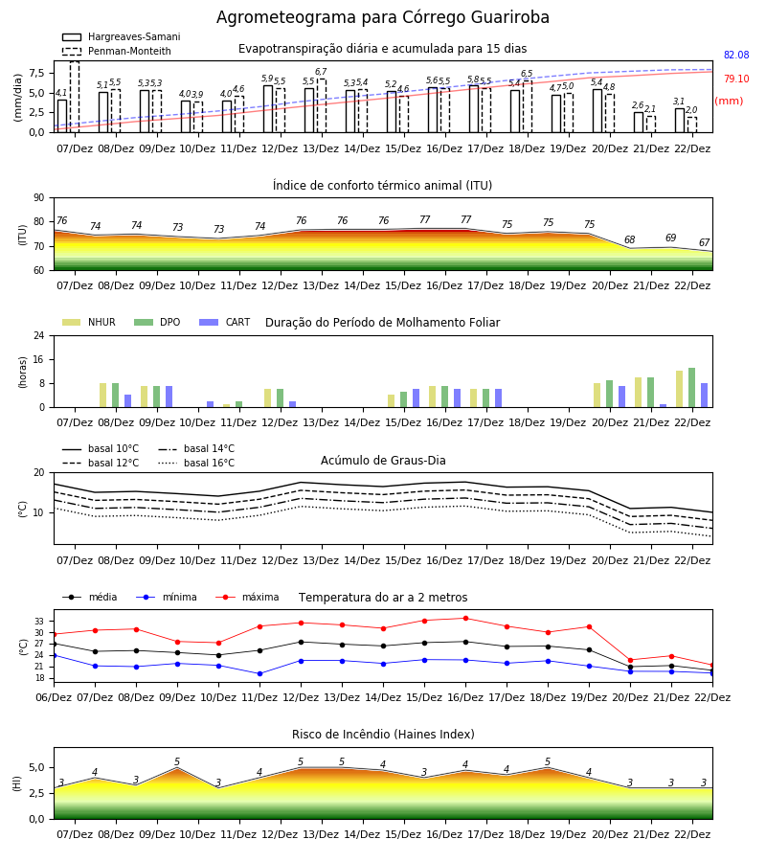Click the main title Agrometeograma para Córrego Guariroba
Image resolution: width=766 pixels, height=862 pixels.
[x=382, y=17]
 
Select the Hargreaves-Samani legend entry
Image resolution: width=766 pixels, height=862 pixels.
[x=121, y=36]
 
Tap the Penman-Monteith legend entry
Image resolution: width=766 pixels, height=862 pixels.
[x=117, y=51]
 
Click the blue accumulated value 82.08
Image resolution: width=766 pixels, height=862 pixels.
[x=736, y=55]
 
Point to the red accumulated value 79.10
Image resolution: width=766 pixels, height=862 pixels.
[x=736, y=79]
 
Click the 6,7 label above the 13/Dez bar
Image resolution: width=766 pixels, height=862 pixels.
[x=321, y=72]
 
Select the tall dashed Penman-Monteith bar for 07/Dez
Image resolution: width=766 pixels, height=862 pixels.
[x=75, y=97]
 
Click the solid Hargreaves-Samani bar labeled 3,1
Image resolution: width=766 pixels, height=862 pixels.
[x=680, y=121]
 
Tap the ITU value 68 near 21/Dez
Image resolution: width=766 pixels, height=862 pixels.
[x=630, y=239]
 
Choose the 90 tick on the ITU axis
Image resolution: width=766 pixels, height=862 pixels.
[x=39, y=198]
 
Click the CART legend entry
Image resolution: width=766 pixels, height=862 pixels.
[x=225, y=322]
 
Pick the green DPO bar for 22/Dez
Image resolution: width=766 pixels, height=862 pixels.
[x=692, y=388]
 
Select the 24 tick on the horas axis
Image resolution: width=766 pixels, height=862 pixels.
[x=39, y=335]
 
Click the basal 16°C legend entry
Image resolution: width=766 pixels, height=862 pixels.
[x=196, y=463]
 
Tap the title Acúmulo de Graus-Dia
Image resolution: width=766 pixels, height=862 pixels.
[x=383, y=461]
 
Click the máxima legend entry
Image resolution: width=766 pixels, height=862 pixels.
[x=247, y=597]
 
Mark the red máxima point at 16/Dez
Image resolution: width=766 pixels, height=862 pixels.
[x=466, y=619]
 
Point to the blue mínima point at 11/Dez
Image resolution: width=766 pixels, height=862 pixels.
[x=259, y=673]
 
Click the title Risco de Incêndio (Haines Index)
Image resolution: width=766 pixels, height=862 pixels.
[x=383, y=735]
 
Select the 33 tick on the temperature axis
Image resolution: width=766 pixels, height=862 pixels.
[x=39, y=622]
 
